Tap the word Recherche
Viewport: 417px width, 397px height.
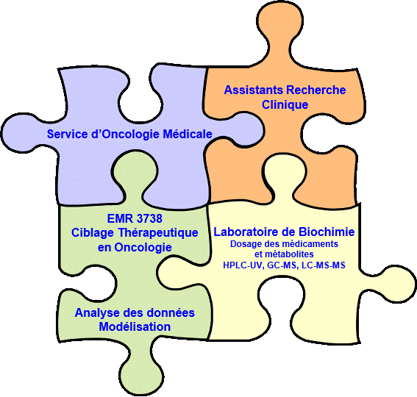[316, 90]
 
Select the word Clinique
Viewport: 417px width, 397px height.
[285, 104]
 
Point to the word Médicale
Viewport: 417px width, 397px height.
[188, 134]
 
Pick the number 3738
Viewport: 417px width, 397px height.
[149, 218]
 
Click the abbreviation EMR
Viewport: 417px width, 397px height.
[120, 218]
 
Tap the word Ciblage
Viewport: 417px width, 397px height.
[93, 233]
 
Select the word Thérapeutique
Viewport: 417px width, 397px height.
[157, 233]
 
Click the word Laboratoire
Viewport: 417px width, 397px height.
[246, 232]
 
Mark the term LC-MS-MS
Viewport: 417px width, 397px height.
[324, 265]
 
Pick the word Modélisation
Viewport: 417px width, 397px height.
[135, 327]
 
